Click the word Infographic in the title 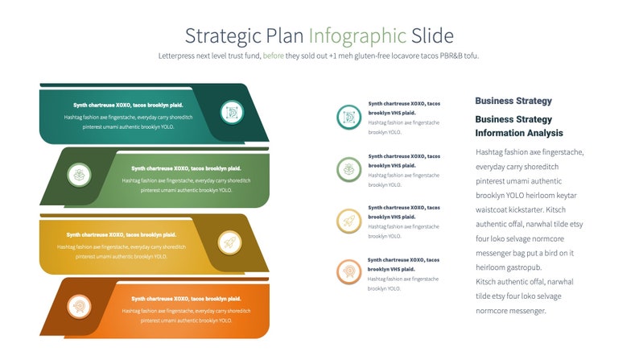[x=357, y=35]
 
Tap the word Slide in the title [x=432, y=35]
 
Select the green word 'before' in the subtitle [x=274, y=56]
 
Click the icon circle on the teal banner [x=232, y=112]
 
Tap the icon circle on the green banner [x=79, y=174]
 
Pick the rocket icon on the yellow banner [x=229, y=242]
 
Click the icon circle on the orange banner [x=79, y=306]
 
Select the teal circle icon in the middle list [x=348, y=118]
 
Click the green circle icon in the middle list [x=348, y=169]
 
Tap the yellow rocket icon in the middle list [x=348, y=220]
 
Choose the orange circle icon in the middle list [x=348, y=271]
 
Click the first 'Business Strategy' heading [x=513, y=101]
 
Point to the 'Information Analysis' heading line [x=518, y=133]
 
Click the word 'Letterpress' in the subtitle [x=178, y=56]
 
